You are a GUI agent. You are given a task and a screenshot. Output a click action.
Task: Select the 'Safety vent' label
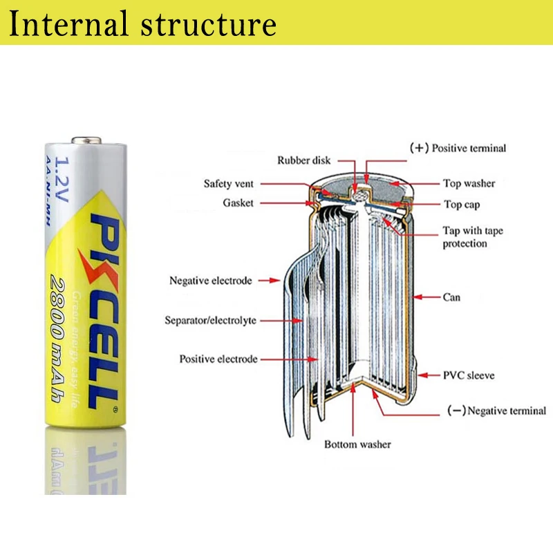click(229, 184)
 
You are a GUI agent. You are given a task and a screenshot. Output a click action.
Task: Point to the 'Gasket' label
click(238, 203)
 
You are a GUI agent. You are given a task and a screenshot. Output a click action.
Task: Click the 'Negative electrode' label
click(211, 281)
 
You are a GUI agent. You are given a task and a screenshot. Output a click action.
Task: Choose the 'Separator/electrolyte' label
click(210, 320)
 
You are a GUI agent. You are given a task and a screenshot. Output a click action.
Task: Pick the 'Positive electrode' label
click(218, 359)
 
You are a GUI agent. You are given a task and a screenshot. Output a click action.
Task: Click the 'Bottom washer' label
click(357, 444)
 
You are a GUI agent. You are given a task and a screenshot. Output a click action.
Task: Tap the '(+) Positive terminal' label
click(458, 148)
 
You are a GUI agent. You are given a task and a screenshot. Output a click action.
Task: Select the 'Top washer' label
click(469, 184)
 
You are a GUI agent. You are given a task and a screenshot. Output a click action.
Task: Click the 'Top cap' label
click(462, 205)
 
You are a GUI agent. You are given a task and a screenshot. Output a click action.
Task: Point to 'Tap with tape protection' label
click(473, 237)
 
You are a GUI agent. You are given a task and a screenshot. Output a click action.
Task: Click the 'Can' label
click(451, 297)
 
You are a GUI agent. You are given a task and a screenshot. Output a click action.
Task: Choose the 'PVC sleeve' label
click(469, 376)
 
